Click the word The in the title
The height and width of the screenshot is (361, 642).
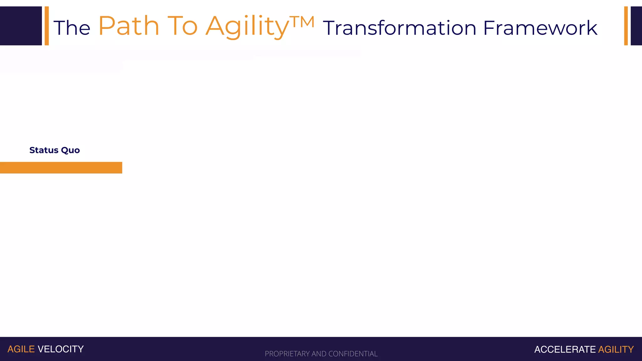[x=72, y=28]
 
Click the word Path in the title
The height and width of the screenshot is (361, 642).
[x=129, y=26]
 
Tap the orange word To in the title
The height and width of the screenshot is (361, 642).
[x=183, y=26]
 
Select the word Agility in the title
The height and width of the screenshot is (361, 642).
[x=247, y=27]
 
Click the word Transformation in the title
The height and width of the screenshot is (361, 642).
[x=399, y=28]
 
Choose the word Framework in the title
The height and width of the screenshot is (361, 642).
[x=540, y=28]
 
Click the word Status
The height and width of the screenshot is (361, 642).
[x=44, y=150]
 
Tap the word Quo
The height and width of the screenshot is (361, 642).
[x=71, y=150]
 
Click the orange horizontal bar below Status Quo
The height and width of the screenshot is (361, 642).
[x=61, y=168]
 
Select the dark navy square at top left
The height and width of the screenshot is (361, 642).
[x=21, y=26]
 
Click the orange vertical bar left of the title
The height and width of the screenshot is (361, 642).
[x=47, y=26]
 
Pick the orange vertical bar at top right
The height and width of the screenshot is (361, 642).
[x=626, y=26]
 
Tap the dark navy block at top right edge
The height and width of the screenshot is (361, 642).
[x=636, y=26]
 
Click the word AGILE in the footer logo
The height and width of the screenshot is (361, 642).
[x=21, y=349]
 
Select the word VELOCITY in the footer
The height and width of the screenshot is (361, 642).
[x=61, y=349]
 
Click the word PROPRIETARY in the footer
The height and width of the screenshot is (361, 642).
[x=287, y=354]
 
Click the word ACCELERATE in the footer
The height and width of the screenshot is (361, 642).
[x=565, y=349]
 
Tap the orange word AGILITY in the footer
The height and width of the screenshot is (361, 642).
[x=616, y=349]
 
